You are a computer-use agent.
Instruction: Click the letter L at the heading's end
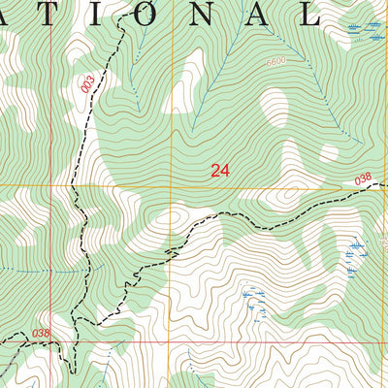click(308, 13)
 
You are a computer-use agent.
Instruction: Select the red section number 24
click(220, 170)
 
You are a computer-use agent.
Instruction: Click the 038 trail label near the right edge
click(363, 178)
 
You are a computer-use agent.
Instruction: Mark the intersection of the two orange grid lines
click(173, 184)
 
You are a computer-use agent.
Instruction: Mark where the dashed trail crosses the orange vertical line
click(173, 248)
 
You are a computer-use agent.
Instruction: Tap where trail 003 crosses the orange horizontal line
click(74, 184)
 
